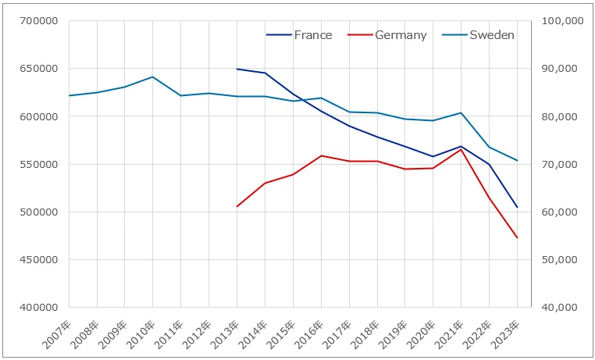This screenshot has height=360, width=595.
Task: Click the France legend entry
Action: [x=299, y=35]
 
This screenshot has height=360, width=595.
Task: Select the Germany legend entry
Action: [x=387, y=35]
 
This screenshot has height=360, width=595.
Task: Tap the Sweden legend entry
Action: [x=478, y=35]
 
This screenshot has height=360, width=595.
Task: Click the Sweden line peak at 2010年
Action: [x=152, y=77]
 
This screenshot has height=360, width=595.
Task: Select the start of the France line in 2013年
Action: [x=237, y=69]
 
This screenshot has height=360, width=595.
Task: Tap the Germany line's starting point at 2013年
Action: [x=237, y=206]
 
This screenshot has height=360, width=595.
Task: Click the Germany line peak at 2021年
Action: [x=461, y=149]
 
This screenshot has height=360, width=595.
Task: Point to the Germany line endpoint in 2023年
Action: [x=517, y=238]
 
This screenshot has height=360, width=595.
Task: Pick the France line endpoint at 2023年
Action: [x=517, y=207]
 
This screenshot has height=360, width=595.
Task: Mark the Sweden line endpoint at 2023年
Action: [x=517, y=160]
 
